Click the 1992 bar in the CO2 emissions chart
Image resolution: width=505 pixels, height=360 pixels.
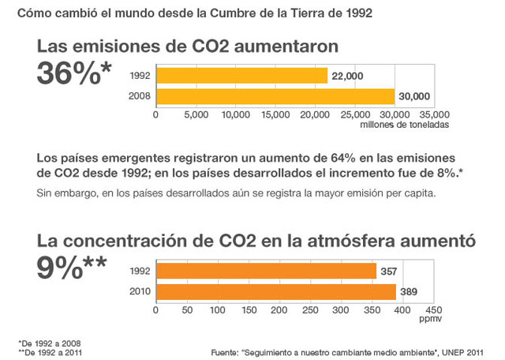(x=241, y=76)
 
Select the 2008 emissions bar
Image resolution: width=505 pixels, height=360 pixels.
(x=275, y=97)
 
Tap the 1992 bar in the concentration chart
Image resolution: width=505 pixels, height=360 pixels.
(x=266, y=271)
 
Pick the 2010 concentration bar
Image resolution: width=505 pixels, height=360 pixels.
(x=275, y=291)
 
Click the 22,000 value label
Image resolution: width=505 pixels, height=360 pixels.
(x=347, y=76)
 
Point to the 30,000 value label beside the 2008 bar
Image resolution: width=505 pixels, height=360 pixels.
(x=414, y=97)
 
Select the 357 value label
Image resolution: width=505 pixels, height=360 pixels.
(x=389, y=271)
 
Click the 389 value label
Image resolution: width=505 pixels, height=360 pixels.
(x=409, y=291)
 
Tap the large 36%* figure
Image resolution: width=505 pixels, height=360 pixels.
(x=74, y=73)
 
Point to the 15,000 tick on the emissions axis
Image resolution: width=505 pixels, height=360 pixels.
(x=276, y=115)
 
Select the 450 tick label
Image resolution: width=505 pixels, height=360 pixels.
(x=433, y=309)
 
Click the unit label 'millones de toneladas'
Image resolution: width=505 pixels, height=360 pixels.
(x=404, y=125)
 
